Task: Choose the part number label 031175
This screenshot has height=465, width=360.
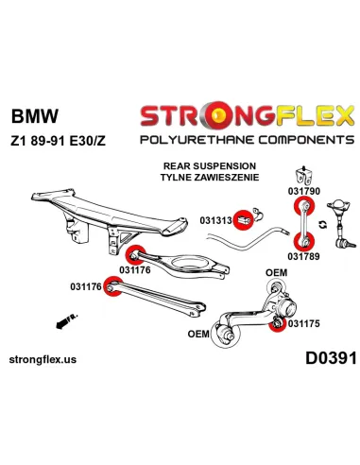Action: (305, 323)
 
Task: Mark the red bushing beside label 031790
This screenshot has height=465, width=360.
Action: (305, 206)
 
